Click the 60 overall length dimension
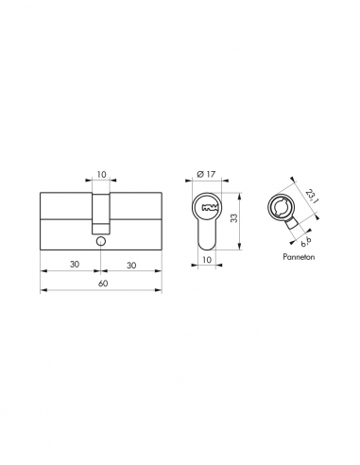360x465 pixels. pos(101,282)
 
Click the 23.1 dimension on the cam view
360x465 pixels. pos(313,199)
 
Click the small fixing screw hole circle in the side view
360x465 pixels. pos(100,241)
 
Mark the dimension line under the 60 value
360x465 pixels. pos(101,290)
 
